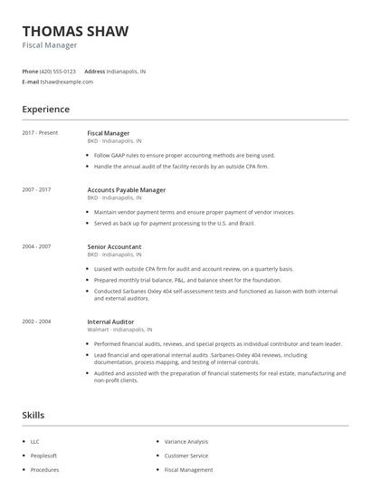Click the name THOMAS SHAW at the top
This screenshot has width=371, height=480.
(75, 31)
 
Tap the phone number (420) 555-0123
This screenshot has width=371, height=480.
(58, 71)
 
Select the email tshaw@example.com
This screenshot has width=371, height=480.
(66, 82)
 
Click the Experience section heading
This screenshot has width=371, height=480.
(45, 110)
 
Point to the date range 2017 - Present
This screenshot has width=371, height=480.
(40, 133)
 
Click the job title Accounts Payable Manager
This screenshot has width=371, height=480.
(126, 190)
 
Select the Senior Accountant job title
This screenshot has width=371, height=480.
(114, 246)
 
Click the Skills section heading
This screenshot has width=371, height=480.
(33, 416)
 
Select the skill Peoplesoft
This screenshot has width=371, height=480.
(43, 456)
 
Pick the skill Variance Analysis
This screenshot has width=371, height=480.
(185, 441)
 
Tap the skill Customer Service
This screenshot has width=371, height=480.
(185, 456)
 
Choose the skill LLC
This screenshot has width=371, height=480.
(35, 441)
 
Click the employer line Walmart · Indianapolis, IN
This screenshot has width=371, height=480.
(119, 331)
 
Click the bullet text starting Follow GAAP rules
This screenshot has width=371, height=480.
(184, 155)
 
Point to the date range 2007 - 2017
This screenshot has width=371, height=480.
(36, 190)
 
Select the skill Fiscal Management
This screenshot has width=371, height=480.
(188, 470)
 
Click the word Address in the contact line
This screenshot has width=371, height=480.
(94, 71)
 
